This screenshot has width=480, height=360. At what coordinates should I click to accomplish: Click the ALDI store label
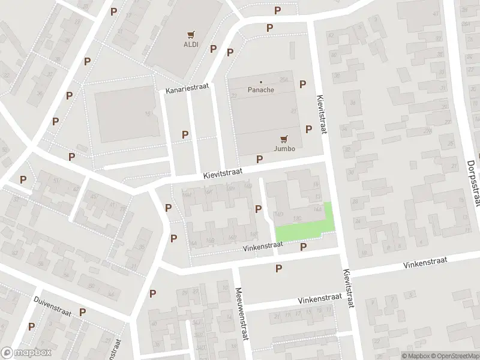click(x=190, y=44)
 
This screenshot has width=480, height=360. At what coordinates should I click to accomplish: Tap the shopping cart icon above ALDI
click(x=191, y=34)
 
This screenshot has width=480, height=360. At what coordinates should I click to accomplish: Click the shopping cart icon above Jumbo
click(x=284, y=138)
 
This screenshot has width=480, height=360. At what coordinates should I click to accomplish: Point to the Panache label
click(x=261, y=90)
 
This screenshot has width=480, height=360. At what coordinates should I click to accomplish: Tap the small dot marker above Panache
click(x=261, y=82)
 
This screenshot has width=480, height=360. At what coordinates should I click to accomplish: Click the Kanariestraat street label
click(x=188, y=87)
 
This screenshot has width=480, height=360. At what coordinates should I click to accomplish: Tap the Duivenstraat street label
click(x=53, y=305)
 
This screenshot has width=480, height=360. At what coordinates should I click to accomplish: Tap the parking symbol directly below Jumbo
click(x=260, y=159)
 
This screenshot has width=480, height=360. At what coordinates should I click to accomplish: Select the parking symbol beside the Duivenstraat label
click(x=82, y=312)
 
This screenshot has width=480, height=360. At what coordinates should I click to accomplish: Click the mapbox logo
click(x=25, y=353)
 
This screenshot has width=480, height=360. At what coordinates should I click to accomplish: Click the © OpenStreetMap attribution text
click(x=454, y=355)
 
